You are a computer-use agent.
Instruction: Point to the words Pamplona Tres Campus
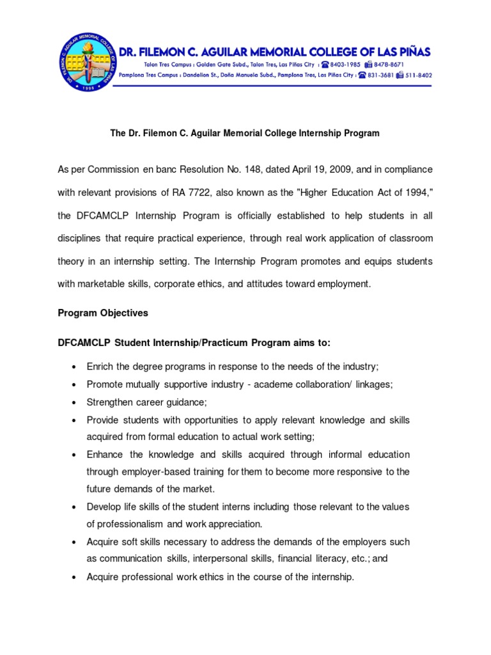(x=166, y=75)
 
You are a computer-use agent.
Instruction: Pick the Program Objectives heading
(x=103, y=313)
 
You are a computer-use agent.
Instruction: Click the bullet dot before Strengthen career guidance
(x=75, y=402)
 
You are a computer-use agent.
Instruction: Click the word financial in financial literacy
(x=293, y=558)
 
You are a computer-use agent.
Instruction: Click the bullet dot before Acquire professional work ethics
(x=75, y=577)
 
